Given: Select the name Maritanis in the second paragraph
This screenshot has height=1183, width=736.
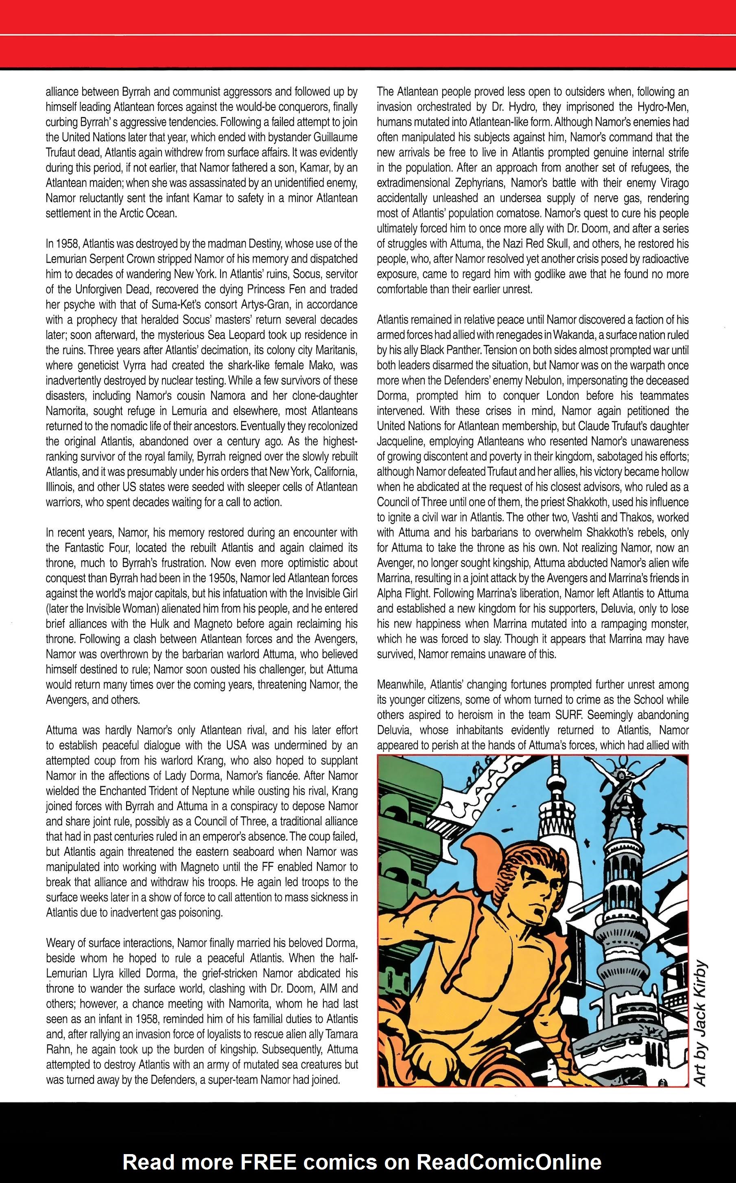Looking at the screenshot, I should click(332, 350).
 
